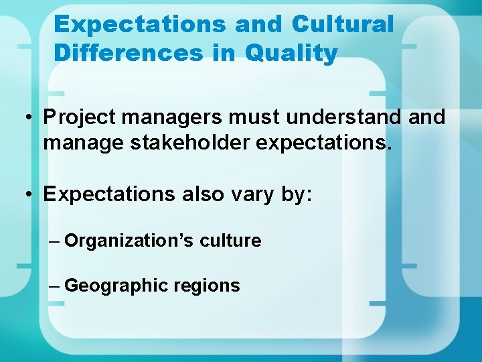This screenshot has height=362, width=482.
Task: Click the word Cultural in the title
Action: click(343, 25)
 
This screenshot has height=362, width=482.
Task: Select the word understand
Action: click(343, 117)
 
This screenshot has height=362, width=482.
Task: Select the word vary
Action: click(248, 194)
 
